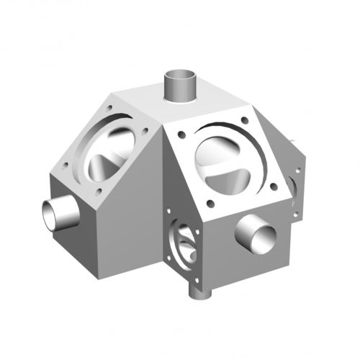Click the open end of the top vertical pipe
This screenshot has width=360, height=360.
click(181, 75)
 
